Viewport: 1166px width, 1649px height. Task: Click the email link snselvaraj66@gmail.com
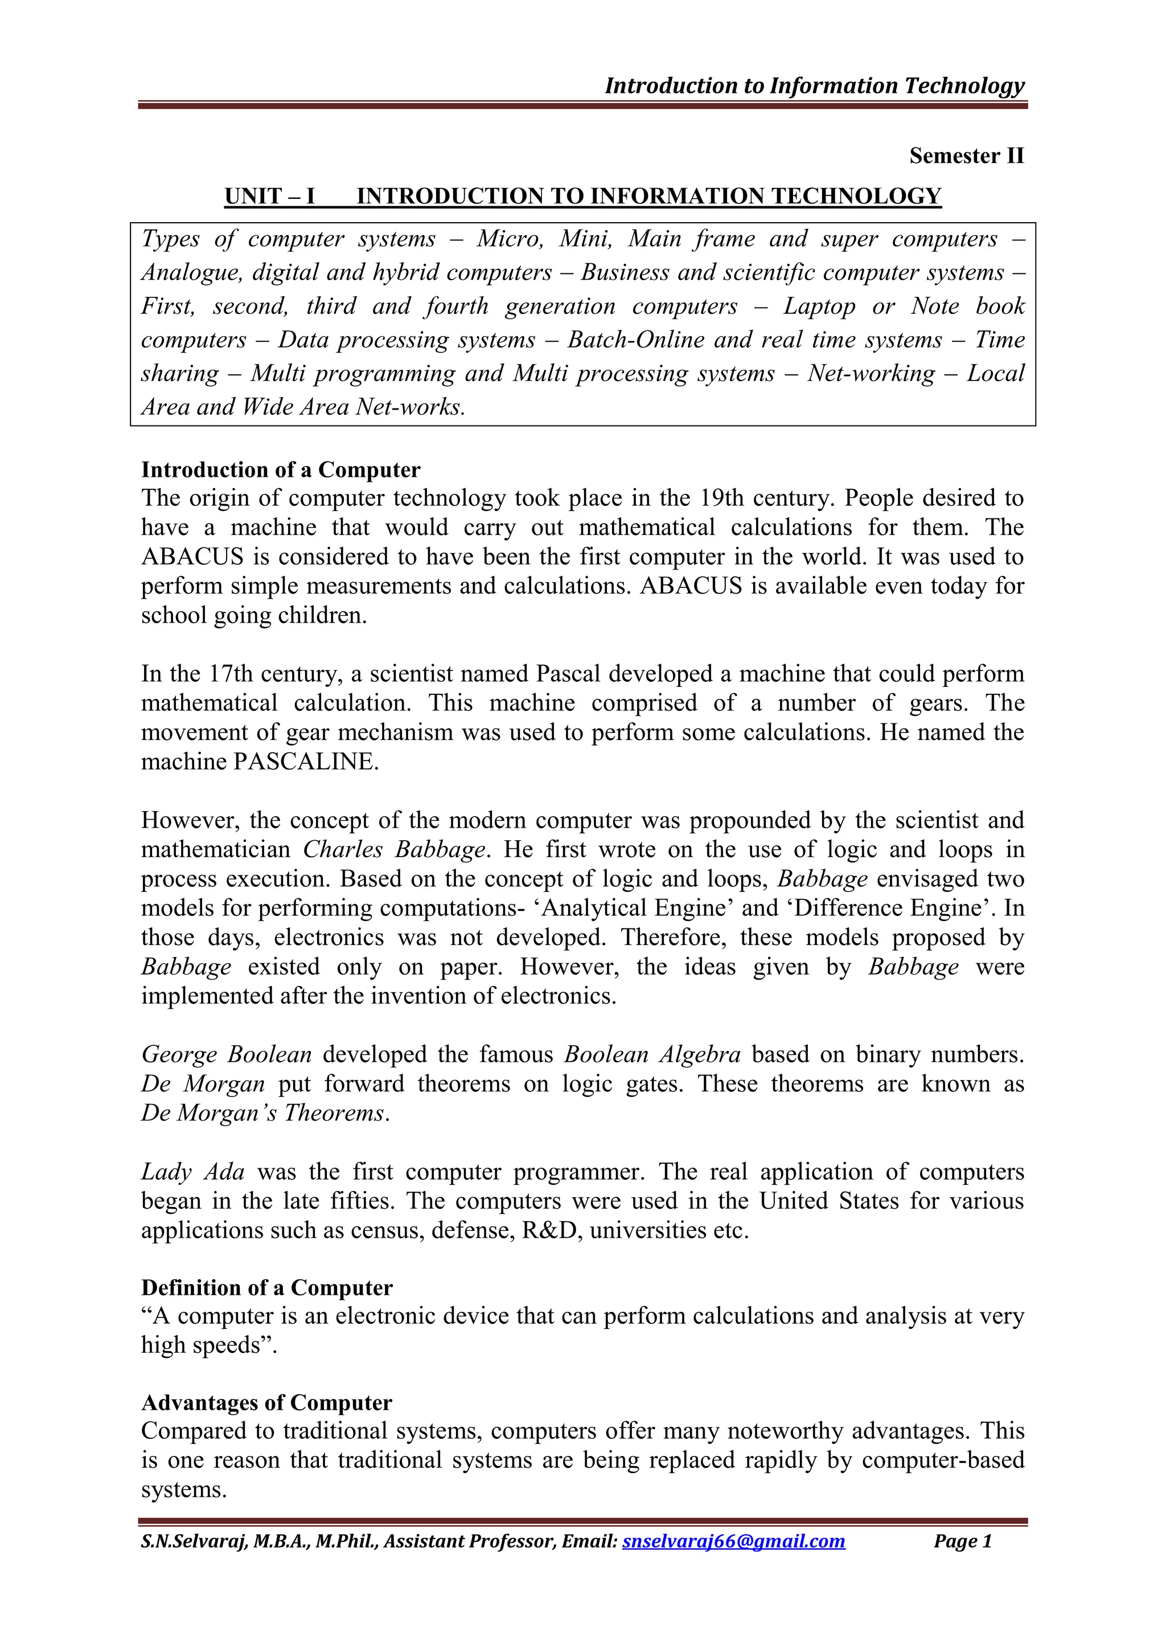click(x=733, y=1541)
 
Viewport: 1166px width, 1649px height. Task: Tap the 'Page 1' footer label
click(x=962, y=1541)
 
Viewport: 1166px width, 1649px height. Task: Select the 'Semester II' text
click(x=966, y=156)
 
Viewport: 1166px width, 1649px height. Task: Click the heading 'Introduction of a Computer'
click(x=281, y=470)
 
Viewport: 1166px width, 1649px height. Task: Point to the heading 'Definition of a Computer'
click(x=267, y=1288)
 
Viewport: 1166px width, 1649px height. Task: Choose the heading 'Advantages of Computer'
click(x=267, y=1403)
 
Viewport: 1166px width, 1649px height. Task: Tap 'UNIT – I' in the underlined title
click(x=270, y=196)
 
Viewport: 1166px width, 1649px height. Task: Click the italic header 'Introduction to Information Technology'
click(x=814, y=85)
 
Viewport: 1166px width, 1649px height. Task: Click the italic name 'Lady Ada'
click(x=192, y=1172)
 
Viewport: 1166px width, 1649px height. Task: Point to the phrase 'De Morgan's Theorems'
click(x=263, y=1112)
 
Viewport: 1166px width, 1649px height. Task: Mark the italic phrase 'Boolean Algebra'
click(x=652, y=1054)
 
